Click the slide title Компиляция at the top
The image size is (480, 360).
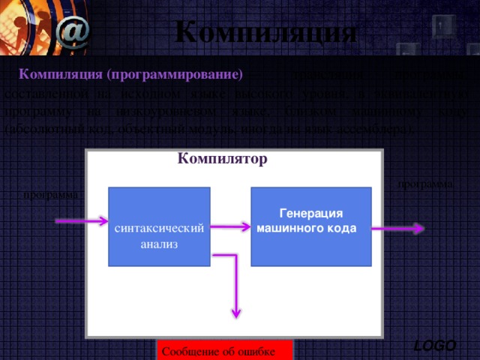pyautogui.click(x=265, y=32)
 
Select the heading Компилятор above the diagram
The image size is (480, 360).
pyautogui.click(x=223, y=159)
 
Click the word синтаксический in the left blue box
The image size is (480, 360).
pyautogui.click(x=159, y=228)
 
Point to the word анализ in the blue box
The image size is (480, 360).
pyautogui.click(x=159, y=245)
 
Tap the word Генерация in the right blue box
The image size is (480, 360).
pyautogui.click(x=310, y=214)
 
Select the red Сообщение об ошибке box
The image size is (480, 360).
pyautogui.click(x=225, y=350)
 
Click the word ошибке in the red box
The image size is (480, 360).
pyautogui.click(x=256, y=352)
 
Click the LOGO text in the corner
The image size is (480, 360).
pyautogui.click(x=435, y=345)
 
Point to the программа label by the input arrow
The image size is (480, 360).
pyautogui.click(x=50, y=196)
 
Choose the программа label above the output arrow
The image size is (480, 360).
pyautogui.click(x=425, y=184)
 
